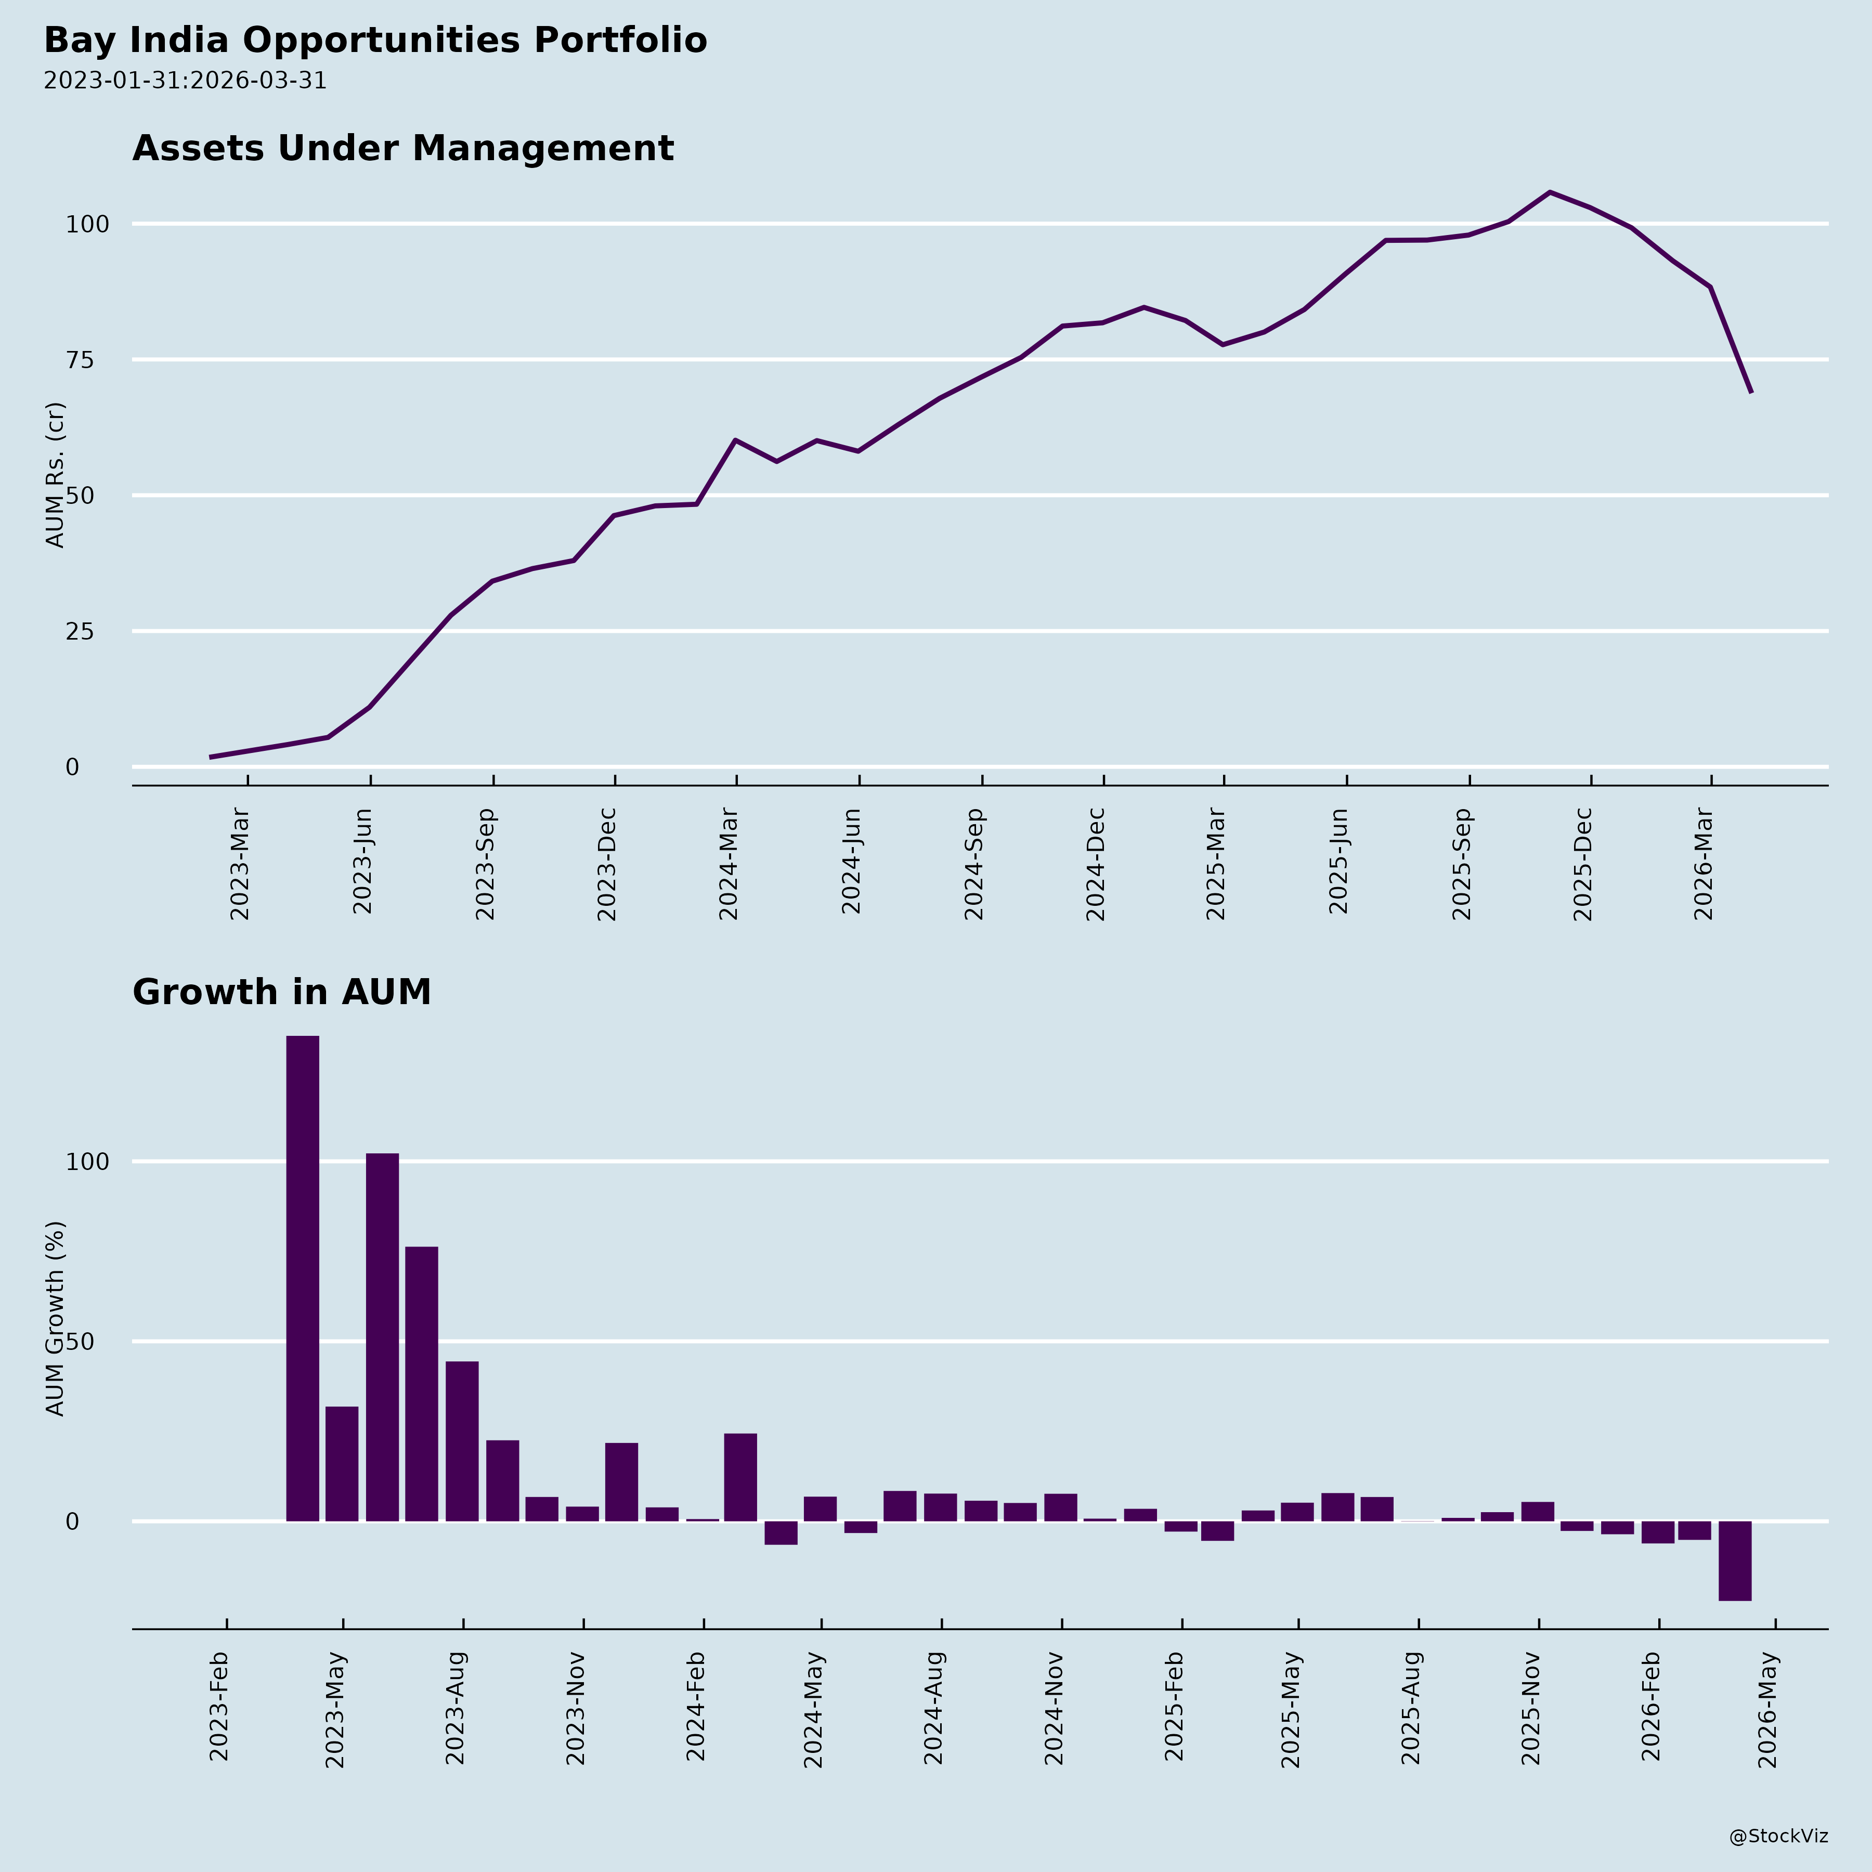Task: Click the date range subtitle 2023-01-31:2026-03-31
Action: point(185,81)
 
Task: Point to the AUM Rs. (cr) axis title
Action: point(55,475)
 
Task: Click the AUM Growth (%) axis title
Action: point(55,1318)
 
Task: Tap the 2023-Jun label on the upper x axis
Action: point(362,862)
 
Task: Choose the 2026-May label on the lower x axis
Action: point(1767,1710)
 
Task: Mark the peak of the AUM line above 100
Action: point(1550,192)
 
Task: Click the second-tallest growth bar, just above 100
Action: point(382,1337)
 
